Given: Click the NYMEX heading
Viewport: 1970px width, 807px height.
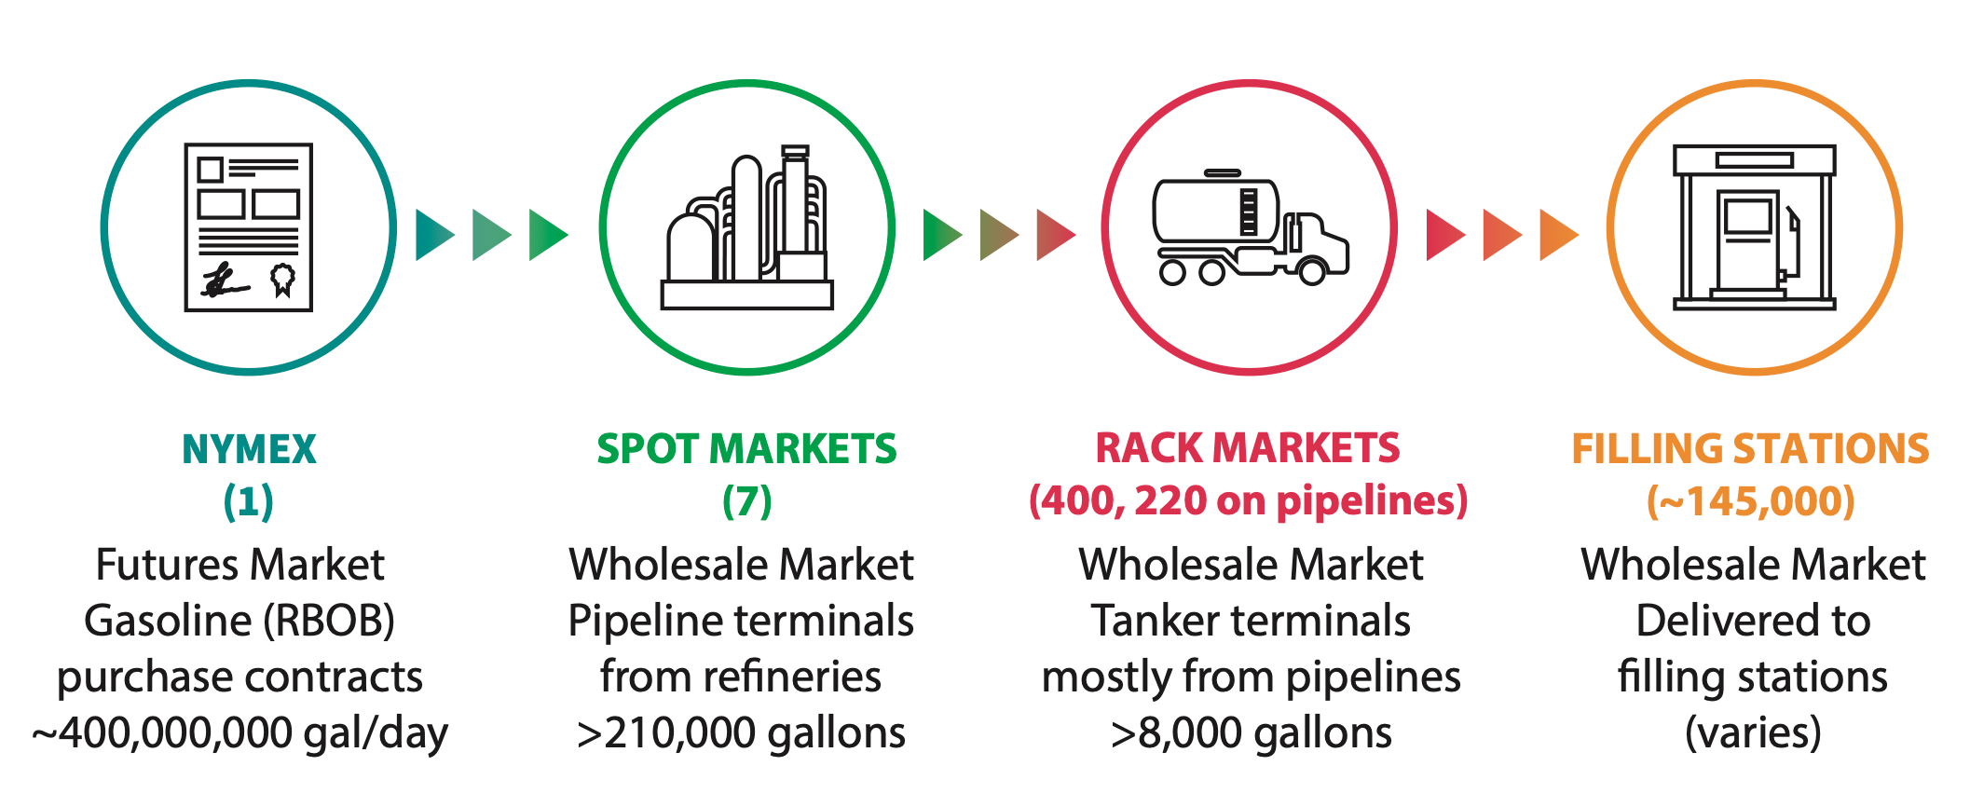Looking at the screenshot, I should [249, 449].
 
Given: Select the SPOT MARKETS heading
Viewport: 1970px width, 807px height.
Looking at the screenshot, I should [746, 449].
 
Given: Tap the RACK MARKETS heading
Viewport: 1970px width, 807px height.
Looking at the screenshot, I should [1248, 448].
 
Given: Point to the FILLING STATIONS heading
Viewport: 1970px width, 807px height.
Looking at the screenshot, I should [1750, 449].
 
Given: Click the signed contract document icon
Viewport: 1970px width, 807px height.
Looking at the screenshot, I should [249, 227].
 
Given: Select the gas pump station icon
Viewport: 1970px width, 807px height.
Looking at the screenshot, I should [1754, 227].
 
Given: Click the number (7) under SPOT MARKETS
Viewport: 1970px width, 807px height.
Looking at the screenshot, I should [746, 501].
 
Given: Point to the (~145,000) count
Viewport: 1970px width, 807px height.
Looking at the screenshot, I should [1750, 501].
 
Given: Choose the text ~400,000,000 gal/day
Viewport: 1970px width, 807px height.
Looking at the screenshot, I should [240, 733].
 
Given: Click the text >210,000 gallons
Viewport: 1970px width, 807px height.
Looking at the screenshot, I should [741, 733].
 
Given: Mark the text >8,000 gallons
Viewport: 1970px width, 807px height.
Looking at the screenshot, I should [1251, 733].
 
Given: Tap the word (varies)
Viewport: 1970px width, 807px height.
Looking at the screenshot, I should [1753, 733].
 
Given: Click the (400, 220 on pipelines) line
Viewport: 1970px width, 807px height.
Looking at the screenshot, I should [1248, 501].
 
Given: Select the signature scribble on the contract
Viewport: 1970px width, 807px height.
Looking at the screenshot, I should [224, 280].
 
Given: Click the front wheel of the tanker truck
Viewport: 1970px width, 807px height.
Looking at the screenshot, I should [1312, 272].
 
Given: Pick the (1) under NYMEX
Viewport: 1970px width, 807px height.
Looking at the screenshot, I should [249, 501].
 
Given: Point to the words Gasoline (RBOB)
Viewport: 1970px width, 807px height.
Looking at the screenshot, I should [239, 621].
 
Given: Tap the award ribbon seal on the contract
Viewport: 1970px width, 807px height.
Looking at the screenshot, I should [283, 279].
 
